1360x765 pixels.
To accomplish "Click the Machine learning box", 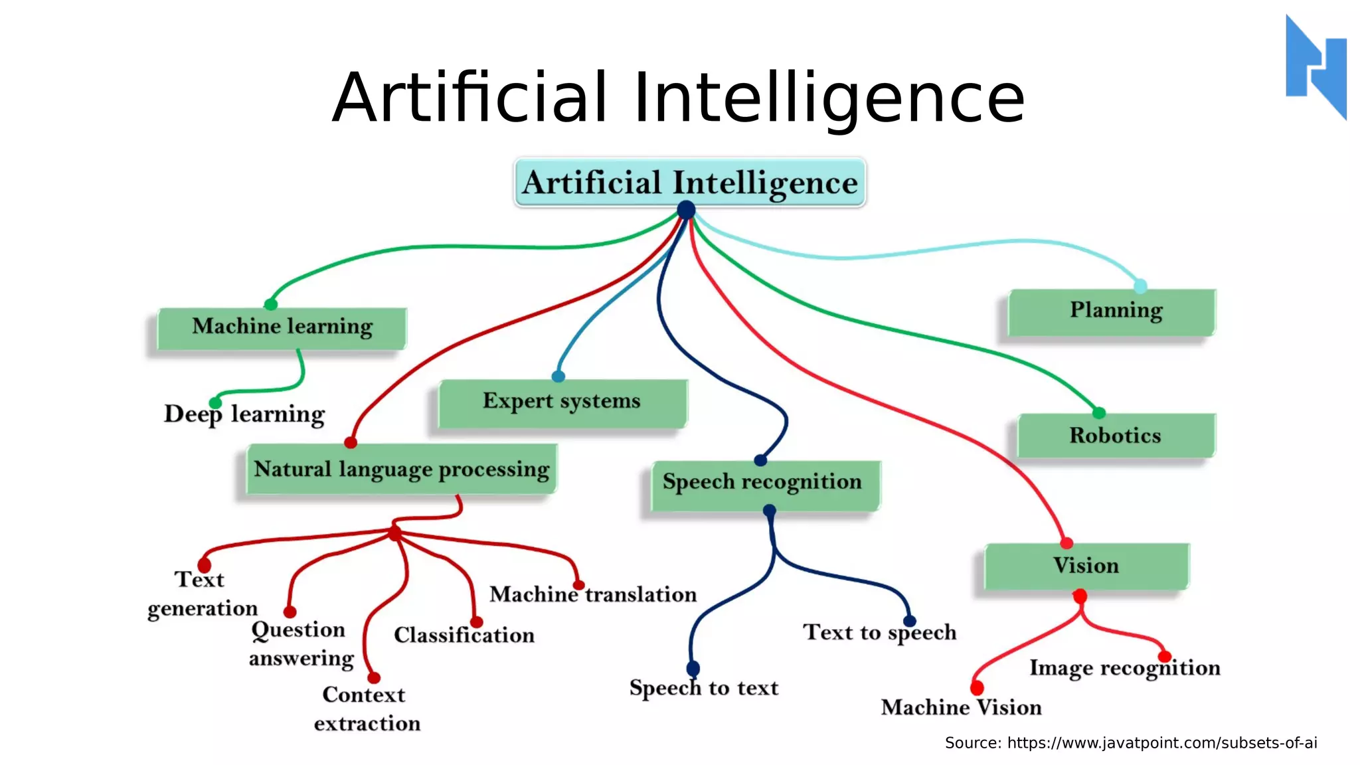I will (x=282, y=327).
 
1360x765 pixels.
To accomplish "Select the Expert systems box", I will (x=562, y=402).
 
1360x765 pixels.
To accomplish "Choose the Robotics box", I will (x=1116, y=436).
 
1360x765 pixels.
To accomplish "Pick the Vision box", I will (x=1086, y=566).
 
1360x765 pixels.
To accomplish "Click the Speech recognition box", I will (x=764, y=484).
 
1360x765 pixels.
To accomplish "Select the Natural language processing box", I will (x=402, y=469).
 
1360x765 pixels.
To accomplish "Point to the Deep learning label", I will (x=244, y=414).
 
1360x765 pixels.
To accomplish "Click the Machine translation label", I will (x=593, y=594).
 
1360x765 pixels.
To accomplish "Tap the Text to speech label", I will (x=880, y=632).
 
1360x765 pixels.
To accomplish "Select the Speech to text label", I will (x=704, y=688).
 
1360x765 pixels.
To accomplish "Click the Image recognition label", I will (x=1125, y=668).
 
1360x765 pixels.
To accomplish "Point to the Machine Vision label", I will (x=961, y=708).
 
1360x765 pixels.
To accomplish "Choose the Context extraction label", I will (x=366, y=709).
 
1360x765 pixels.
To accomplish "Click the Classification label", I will (x=464, y=636).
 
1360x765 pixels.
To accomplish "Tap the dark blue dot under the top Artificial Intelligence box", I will (x=686, y=211).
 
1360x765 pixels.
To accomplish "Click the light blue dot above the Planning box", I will (x=1140, y=286).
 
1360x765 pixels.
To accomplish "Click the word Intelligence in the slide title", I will (x=829, y=98).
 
